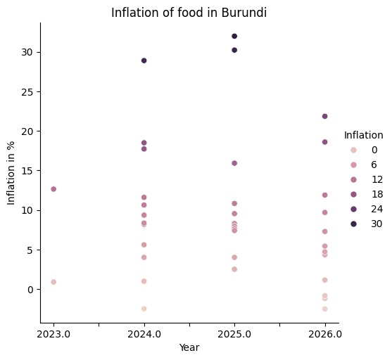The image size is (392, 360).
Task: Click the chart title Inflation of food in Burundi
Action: coord(189,12)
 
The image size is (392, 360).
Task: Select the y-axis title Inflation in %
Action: coord(12,172)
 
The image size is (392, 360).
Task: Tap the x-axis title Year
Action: coord(189,347)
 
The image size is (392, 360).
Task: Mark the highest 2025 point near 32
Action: coord(234,36)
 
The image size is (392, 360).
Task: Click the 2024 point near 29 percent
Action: coord(144,60)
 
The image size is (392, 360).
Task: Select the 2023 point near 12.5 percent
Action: coord(53,189)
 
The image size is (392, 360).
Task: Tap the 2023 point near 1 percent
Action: coord(53,282)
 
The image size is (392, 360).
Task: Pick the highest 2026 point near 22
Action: coord(324,116)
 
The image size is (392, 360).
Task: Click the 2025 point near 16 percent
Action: coord(234,163)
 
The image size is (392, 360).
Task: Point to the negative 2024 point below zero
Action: coord(144,309)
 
